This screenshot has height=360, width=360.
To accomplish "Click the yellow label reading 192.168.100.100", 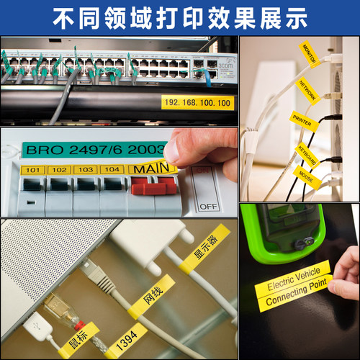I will click(x=197, y=103).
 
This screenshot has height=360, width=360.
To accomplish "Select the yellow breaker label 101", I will click(x=31, y=170).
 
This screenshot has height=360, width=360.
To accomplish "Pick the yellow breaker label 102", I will click(x=59, y=170).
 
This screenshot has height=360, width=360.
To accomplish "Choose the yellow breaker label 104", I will click(x=112, y=170).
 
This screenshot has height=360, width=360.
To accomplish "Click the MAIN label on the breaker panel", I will click(x=152, y=168).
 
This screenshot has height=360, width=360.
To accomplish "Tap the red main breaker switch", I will click(x=155, y=189).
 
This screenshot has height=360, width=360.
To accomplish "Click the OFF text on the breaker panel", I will click(x=208, y=206).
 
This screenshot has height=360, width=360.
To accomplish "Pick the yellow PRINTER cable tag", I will click(x=303, y=120).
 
